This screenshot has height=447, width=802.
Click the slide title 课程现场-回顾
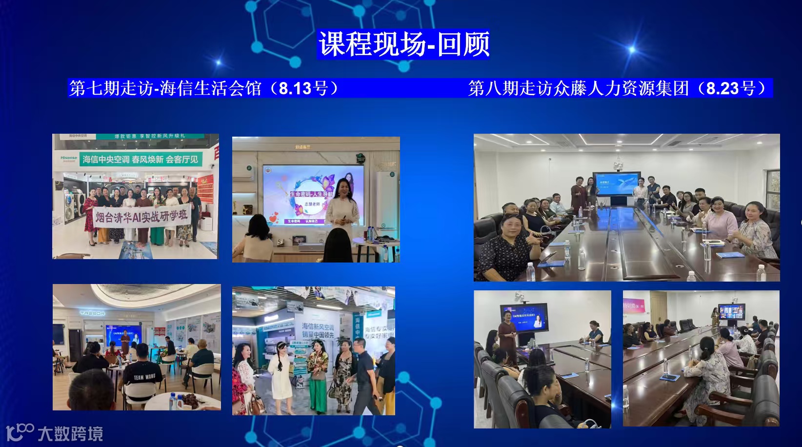pos(403,44)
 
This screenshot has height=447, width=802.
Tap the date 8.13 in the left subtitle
pos(295,88)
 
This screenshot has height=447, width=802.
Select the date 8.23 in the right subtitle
pos(722,88)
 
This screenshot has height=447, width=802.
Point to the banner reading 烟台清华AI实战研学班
pos(141,217)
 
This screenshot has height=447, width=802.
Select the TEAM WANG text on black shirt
pos(144,377)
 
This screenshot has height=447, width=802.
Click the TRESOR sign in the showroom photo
pos(92,313)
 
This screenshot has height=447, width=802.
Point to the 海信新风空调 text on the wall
pos(318,326)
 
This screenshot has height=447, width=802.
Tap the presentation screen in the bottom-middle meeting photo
pos(523,318)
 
